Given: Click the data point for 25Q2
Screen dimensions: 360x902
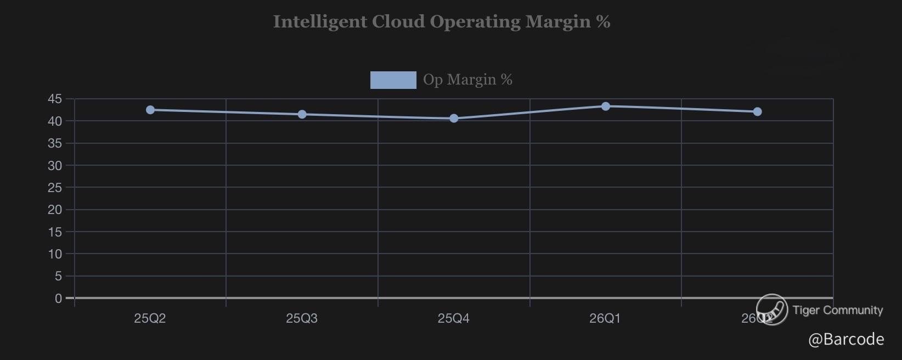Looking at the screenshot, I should click(150, 110).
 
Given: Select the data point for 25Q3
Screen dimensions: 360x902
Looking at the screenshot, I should click(302, 114).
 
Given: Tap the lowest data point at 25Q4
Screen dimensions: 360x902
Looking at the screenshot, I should click(454, 119).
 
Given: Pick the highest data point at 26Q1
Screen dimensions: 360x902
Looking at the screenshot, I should click(606, 106).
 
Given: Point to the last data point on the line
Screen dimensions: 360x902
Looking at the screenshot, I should click(757, 112).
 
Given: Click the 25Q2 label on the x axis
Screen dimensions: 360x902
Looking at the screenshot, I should click(150, 318).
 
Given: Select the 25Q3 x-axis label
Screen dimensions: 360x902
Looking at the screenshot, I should click(302, 318).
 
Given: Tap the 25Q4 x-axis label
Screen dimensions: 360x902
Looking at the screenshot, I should click(454, 318).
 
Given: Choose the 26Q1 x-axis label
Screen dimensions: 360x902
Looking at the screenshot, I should click(605, 318).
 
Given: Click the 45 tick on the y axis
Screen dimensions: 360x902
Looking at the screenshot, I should click(55, 99).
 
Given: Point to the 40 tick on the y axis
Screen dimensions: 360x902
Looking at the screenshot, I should click(55, 121).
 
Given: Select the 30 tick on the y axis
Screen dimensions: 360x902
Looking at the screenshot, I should click(55, 165).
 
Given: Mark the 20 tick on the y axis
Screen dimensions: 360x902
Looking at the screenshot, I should click(55, 210).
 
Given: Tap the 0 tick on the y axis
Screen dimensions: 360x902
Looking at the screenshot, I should click(58, 299).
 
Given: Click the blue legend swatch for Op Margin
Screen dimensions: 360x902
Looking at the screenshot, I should click(393, 80).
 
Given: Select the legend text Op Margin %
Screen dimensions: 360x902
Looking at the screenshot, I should click(467, 80).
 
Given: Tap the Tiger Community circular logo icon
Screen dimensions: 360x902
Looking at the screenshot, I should click(772, 310).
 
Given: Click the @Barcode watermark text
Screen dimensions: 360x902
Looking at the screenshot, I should click(845, 340).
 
